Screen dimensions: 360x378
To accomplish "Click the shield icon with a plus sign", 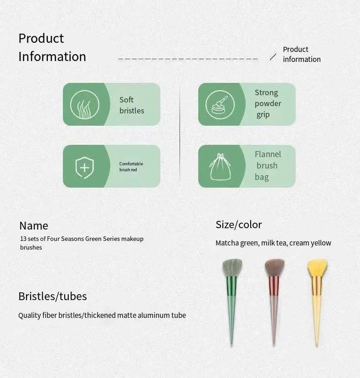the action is pos(84,167).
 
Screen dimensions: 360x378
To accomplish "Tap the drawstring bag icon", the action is pos(220,167).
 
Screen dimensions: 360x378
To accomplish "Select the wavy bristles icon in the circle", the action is pos(85,105).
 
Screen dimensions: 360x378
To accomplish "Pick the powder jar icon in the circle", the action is pos(220,105).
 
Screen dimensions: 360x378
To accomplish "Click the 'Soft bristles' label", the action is pos(132,105).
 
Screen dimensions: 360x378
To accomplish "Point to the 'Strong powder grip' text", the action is pos(268,104).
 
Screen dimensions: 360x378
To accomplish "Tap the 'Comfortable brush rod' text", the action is pos(131,167).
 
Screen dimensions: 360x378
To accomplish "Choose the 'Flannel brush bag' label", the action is pos(268,166).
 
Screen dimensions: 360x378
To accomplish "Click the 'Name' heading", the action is pos(34,226).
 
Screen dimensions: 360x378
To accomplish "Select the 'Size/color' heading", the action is pos(239,225).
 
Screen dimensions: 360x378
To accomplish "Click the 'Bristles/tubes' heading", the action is pos(52,296).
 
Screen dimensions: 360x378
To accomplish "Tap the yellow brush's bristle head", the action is pos(318,268).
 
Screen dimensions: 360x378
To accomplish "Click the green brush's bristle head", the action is pos(232,268).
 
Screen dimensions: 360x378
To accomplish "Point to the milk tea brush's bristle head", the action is pos(275,268).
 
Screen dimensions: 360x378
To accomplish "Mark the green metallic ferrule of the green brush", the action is pos(231,286).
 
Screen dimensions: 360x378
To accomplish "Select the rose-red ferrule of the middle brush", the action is pos(274,286).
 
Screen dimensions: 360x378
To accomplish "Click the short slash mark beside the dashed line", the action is pos(273,56).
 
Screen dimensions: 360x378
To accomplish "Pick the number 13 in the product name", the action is pos(23,239).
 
